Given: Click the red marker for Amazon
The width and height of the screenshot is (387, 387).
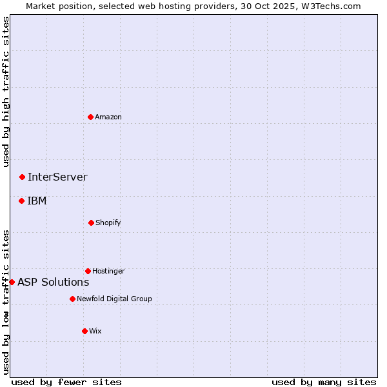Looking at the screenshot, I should click(91, 117).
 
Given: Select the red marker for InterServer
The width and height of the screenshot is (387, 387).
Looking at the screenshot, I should click(22, 177).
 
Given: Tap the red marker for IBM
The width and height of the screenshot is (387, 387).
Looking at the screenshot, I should click(21, 201).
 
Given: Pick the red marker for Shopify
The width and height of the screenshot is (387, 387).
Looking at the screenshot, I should click(91, 223).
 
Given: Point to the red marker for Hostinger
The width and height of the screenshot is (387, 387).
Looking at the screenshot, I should click(88, 271).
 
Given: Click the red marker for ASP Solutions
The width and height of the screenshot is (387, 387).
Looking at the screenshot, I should click(12, 282).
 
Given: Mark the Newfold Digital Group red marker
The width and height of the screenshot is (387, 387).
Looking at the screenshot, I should click(72, 299).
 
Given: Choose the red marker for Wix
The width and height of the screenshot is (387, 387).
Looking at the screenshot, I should click(84, 331).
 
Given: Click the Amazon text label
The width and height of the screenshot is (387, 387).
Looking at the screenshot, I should click(108, 117).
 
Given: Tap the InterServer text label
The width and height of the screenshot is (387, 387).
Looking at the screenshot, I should click(57, 177).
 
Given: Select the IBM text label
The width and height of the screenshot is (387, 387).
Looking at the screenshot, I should click(37, 201).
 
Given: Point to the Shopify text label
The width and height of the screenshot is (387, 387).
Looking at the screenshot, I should click(108, 223).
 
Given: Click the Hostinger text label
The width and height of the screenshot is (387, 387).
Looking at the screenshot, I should click(108, 271).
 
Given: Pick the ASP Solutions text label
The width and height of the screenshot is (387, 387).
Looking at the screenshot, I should click(53, 282).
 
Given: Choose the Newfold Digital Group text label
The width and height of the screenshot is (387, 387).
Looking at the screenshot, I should click(114, 299).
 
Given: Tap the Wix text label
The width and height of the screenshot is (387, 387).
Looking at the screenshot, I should click(95, 331).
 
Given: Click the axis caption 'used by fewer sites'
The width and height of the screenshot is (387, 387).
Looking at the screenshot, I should click(66, 382).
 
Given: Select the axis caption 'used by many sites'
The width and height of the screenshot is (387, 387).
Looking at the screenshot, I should click(324, 382).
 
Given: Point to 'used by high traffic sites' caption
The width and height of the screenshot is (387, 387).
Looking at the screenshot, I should click(6, 92).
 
